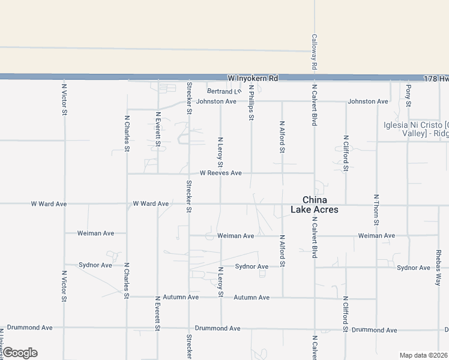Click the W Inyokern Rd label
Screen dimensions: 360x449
[x=253, y=79]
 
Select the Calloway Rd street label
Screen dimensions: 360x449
[x=314, y=52]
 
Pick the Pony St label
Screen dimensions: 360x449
[x=408, y=96]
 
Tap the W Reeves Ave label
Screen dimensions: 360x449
[x=221, y=173]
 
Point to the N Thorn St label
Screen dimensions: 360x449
[x=376, y=209]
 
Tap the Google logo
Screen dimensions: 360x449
[x=19, y=353]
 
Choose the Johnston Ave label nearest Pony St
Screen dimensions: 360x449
[x=368, y=101]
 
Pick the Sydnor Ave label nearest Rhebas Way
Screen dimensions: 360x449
[x=414, y=267]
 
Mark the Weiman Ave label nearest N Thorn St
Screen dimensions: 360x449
[x=376, y=236]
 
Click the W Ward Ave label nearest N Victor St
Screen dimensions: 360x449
[x=49, y=204]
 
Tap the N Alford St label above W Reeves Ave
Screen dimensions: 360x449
[x=282, y=137]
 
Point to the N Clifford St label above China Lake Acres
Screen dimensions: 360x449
[x=346, y=154]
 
